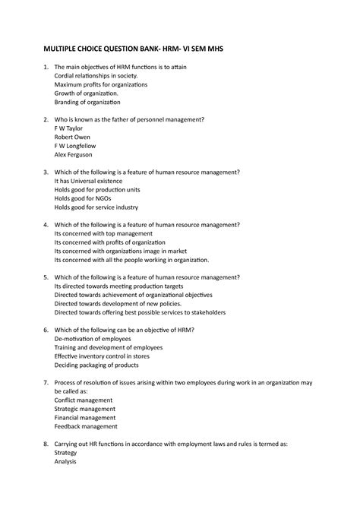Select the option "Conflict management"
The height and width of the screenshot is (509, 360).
(84, 400)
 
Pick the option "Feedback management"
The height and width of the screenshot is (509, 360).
(86, 426)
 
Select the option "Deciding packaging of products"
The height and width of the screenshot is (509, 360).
(96, 365)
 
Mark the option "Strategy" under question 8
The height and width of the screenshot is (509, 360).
(67, 452)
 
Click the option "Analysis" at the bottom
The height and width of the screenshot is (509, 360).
(67, 461)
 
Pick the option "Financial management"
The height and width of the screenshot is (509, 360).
(85, 417)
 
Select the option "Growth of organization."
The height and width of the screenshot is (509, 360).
(87, 93)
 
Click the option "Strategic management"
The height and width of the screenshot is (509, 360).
(85, 409)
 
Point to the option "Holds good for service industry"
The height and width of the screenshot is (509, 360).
(96, 207)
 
